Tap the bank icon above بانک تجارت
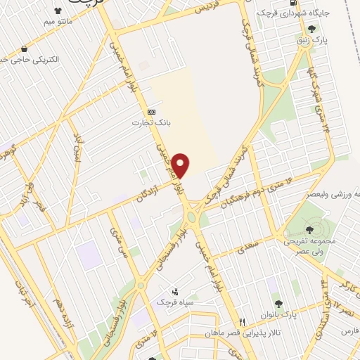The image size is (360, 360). coord(150,112)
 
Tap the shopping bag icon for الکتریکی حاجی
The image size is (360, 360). coord(25,49)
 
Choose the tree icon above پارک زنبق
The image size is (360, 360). coord(311,29)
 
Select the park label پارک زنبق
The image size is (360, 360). coord(311,39)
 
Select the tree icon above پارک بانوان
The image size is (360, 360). coord(279,304)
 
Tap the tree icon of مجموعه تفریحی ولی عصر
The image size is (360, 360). coord(310,229)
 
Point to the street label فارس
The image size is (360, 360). coord(349,330)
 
